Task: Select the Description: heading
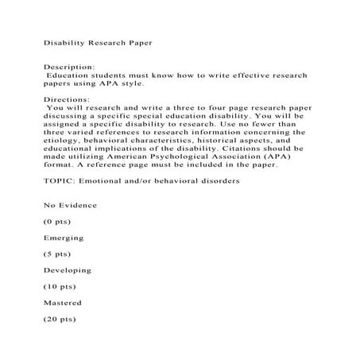pyautogui.click(x=68, y=68)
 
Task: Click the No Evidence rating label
pyautogui.click(x=71, y=205)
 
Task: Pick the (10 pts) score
pyautogui.click(x=59, y=286)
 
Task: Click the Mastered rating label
pyautogui.click(x=62, y=302)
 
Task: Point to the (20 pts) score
pyautogui.click(x=59, y=319)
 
